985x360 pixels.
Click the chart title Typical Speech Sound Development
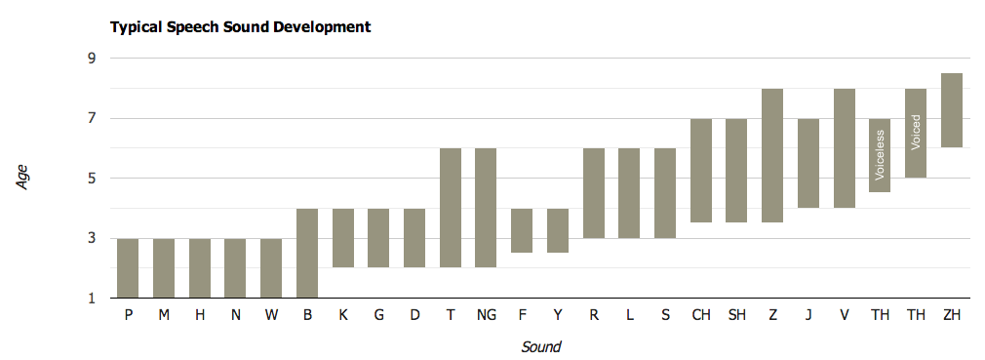[x=240, y=27]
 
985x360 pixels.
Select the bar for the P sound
[x=128, y=267]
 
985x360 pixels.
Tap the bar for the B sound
[x=307, y=253]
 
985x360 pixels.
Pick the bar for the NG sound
[x=486, y=208]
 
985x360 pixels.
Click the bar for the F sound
[x=522, y=230]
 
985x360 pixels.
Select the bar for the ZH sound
[x=952, y=110]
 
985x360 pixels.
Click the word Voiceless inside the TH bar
[x=880, y=156]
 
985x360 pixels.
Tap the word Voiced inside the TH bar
[x=916, y=132]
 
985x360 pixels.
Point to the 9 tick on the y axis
[x=92, y=59]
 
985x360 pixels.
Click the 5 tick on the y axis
[x=92, y=179]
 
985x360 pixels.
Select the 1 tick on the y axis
[x=92, y=299]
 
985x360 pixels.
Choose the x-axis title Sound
[x=540, y=346]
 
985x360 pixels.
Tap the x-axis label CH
[x=701, y=315]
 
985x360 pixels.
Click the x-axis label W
[x=271, y=315]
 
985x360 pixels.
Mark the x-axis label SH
[x=736, y=315]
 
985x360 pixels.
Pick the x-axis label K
[x=343, y=315]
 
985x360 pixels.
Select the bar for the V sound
[x=845, y=148]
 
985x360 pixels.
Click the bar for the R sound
[x=594, y=193]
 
